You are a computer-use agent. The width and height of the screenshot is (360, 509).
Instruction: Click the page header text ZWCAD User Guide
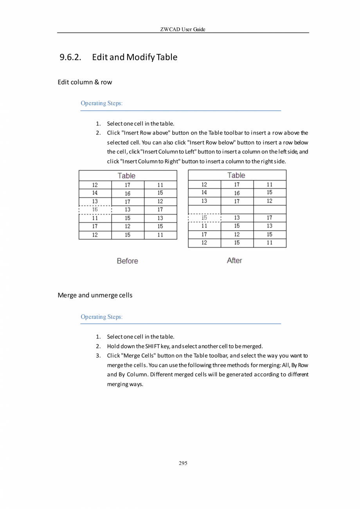click(x=183, y=30)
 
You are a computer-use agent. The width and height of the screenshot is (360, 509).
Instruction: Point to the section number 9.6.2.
click(x=70, y=58)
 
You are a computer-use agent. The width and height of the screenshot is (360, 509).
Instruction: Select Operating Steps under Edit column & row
click(x=101, y=103)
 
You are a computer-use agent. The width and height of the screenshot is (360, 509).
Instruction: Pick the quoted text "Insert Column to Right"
click(x=152, y=161)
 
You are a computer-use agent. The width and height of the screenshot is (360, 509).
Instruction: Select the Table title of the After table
click(x=236, y=175)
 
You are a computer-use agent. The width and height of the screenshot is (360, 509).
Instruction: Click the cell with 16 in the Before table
click(x=128, y=193)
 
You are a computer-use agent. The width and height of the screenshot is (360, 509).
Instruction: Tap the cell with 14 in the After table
click(x=204, y=193)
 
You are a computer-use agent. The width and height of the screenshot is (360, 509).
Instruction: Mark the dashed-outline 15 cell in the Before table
click(x=95, y=209)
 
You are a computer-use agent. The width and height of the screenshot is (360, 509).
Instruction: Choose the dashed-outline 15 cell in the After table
click(x=204, y=218)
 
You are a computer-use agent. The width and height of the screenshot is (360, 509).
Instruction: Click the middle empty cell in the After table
click(x=237, y=209)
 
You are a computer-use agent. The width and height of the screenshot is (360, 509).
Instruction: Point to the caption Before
click(x=127, y=261)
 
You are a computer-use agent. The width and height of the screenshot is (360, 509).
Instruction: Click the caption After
click(x=234, y=261)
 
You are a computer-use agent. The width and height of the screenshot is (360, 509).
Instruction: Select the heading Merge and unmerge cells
click(x=95, y=295)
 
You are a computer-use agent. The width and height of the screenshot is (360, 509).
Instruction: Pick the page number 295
click(x=183, y=463)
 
